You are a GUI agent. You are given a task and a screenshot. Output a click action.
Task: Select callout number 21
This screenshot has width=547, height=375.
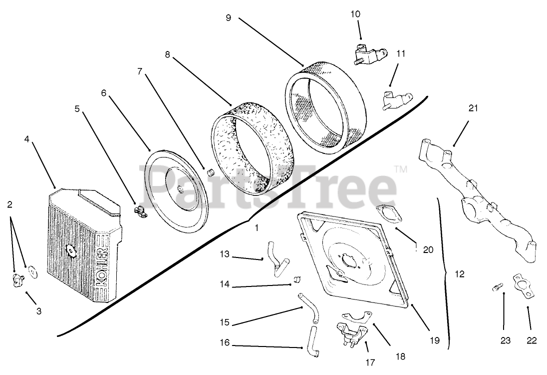473,108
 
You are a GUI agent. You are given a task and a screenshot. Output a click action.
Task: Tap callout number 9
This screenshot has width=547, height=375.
228,18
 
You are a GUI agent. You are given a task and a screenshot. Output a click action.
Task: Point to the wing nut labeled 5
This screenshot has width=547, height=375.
139,210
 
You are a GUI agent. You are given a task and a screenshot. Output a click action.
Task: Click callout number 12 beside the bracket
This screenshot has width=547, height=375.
459,274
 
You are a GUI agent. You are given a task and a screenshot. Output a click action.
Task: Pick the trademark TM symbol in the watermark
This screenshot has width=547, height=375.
401,169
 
